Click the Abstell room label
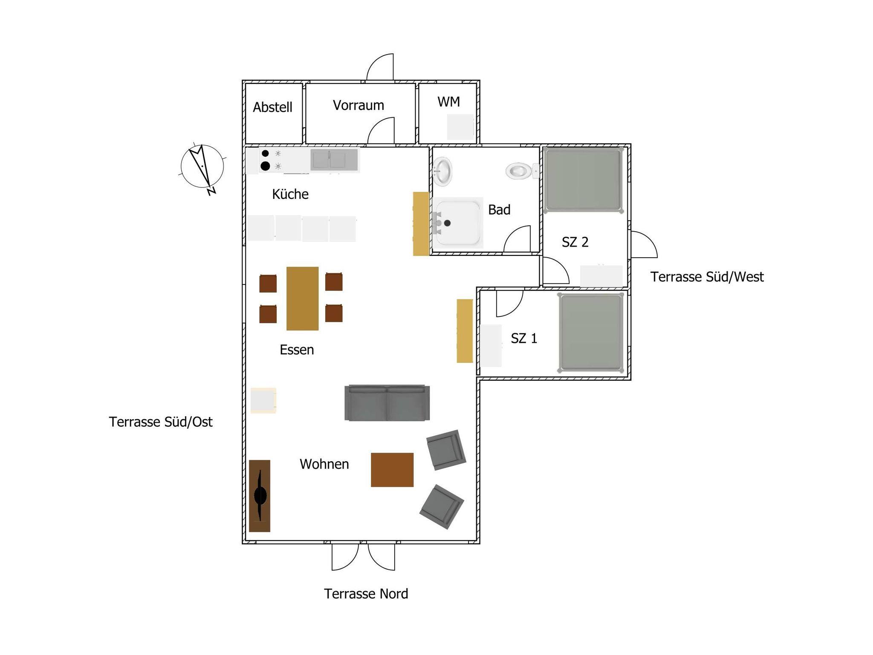(x=272, y=107)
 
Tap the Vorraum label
(x=358, y=105)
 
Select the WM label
(x=448, y=102)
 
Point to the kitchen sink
(x=334, y=160)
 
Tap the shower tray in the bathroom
(x=458, y=223)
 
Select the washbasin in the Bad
(x=442, y=171)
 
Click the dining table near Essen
(x=302, y=299)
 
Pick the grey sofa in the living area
(x=387, y=403)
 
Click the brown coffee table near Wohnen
(x=392, y=470)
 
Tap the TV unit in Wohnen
(x=260, y=496)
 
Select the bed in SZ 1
(x=591, y=333)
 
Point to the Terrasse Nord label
(x=366, y=594)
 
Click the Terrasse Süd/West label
(x=707, y=277)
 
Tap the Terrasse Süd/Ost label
(x=161, y=422)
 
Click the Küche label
(x=290, y=194)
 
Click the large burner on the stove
(x=265, y=166)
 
